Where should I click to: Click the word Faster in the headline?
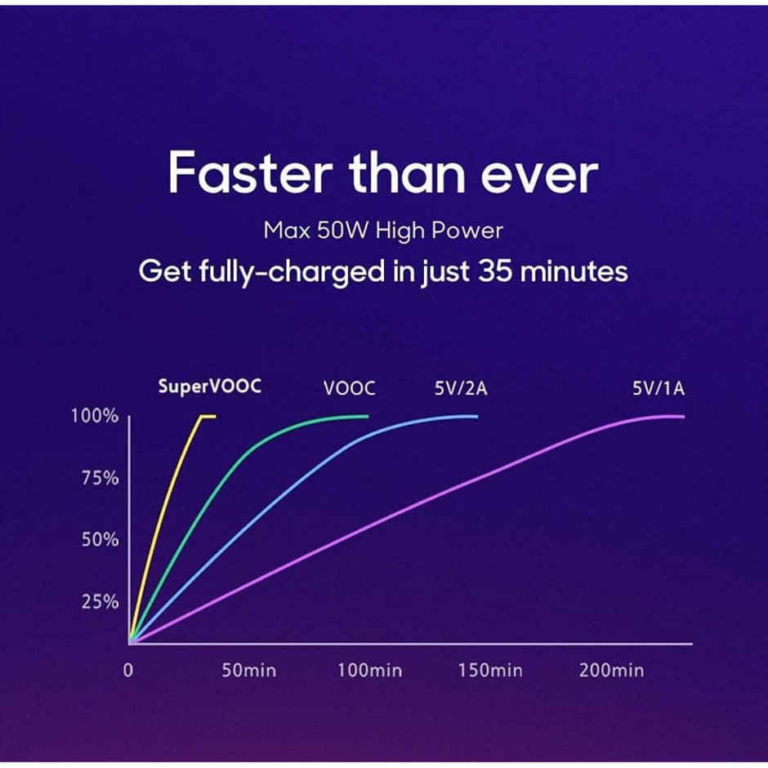coord(250,173)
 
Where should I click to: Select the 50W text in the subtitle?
coord(342,230)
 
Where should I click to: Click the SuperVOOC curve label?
coord(210,386)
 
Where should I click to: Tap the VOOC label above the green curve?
coord(349,388)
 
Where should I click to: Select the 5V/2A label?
coord(461,388)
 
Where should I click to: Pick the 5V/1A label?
coord(659,388)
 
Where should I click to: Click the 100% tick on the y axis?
coord(95,417)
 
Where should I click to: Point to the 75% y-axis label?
coord(100,478)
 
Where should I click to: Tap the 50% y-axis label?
coord(100,540)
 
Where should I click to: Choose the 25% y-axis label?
coord(100,601)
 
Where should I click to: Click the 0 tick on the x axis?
coord(128,670)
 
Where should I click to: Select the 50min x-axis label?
coord(249,670)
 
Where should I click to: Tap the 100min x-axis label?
coord(370,670)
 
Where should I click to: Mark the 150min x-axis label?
coord(490,670)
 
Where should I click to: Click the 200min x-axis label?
coord(611,670)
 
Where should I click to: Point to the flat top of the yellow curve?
coord(208,417)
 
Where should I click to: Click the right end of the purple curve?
coord(684,417)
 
